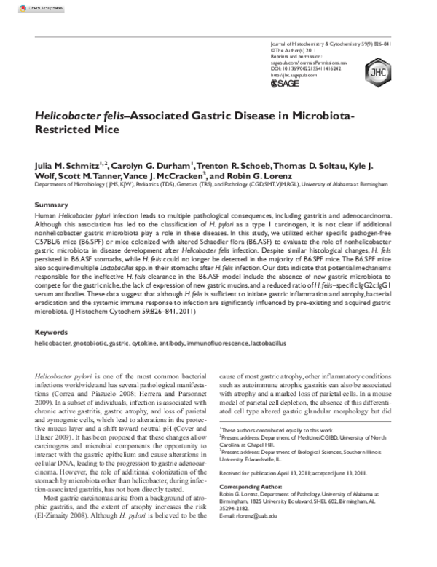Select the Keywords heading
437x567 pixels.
53,332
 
